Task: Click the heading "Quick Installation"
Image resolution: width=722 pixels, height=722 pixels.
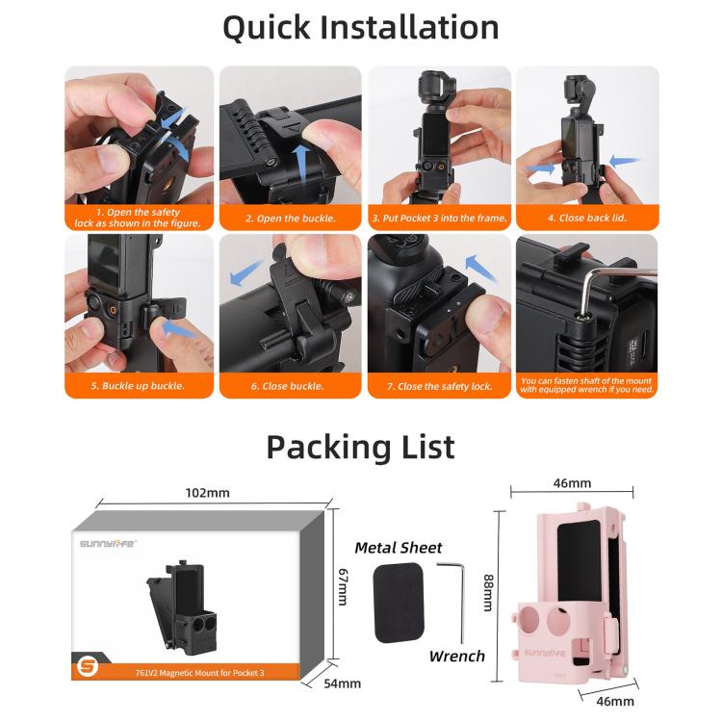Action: (360, 27)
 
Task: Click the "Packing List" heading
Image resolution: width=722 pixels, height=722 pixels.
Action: (360, 447)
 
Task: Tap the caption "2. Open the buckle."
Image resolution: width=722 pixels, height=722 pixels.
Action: (290, 219)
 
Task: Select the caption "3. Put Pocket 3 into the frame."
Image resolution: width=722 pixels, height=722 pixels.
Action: (439, 219)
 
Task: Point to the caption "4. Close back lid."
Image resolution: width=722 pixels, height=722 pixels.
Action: (586, 219)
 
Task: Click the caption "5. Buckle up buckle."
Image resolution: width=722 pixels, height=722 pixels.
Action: (140, 386)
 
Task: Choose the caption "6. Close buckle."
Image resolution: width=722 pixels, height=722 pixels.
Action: (290, 386)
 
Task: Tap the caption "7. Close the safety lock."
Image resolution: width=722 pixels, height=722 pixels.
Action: (439, 386)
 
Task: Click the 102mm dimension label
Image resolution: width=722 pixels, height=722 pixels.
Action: (207, 493)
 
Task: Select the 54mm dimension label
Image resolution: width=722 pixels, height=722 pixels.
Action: (342, 683)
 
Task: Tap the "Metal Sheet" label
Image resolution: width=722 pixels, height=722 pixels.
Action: (398, 548)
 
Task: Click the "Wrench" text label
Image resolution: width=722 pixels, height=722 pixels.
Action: (456, 657)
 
